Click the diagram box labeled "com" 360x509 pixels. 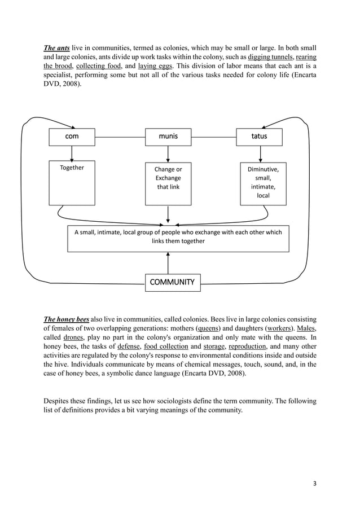click(72, 137)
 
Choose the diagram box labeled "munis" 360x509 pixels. click(168, 137)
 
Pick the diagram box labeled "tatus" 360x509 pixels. click(260, 137)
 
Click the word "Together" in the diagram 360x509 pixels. click(72, 168)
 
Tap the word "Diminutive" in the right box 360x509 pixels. click(263, 169)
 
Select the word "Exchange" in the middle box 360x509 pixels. click(168, 178)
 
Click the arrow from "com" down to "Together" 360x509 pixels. click(72, 153)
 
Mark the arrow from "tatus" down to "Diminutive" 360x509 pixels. click(260, 153)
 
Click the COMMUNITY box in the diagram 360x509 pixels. click(172, 282)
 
